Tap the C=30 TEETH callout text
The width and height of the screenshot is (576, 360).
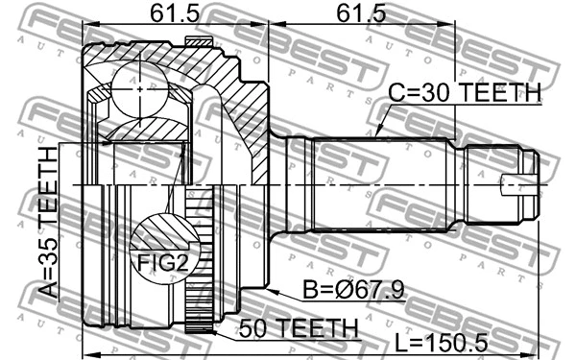click(x=465, y=93)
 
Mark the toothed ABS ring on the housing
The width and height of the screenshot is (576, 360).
click(x=198, y=259)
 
